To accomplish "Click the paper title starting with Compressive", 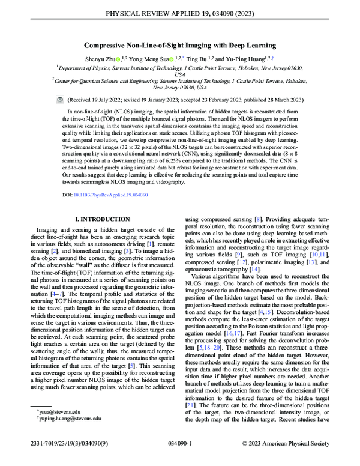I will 180,45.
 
